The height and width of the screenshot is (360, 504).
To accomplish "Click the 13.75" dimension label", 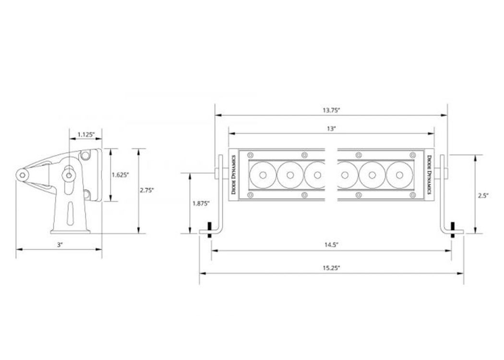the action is coord(331,110).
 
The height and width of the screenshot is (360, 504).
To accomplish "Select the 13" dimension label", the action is coord(331,129).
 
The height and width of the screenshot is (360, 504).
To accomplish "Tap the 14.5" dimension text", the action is coord(331,245).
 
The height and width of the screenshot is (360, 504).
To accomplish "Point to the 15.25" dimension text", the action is coord(331,268).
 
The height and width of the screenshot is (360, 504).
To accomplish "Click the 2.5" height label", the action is coord(483,195).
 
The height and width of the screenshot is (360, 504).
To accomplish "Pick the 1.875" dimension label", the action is coord(201,203).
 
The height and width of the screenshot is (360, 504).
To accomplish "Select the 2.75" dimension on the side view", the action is coord(147,190).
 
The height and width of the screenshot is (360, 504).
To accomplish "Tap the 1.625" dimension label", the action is coord(120,175).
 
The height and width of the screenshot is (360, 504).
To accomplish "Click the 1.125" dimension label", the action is coord(86,134).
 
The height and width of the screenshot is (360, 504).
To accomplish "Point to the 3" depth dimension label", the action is coord(60,245).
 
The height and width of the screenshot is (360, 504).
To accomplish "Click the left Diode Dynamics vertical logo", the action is coord(234,175).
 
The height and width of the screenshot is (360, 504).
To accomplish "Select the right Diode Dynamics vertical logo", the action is coord(429,175).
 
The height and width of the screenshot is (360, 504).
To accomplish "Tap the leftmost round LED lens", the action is coord(263,175).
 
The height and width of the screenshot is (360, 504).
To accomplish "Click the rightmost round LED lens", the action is coord(399,175).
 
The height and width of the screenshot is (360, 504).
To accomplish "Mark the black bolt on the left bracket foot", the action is coord(210,230).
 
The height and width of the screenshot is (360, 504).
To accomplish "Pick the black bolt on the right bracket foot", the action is coord(453,230).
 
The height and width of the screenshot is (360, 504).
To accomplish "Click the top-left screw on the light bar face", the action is coord(251,156).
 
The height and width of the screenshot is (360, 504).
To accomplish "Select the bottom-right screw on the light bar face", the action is coord(413,195).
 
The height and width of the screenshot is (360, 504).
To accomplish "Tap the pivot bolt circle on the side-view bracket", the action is coord(69,175).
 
